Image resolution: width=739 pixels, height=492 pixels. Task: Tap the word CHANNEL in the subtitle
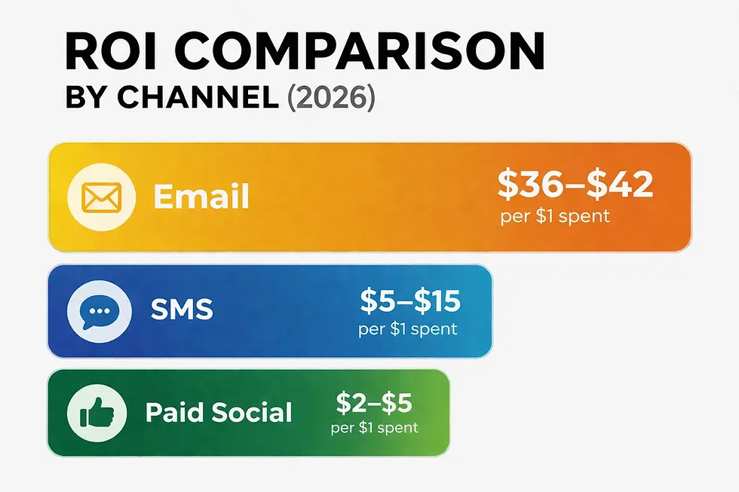[x=198, y=97]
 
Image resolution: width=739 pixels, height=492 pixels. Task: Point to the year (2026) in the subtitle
[x=331, y=98]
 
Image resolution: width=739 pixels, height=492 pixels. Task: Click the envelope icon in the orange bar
[x=101, y=197]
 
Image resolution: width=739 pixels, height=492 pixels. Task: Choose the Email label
[x=201, y=197]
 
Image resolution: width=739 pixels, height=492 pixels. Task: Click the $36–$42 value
[x=575, y=184]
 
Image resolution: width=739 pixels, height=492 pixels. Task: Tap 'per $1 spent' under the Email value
[x=555, y=216]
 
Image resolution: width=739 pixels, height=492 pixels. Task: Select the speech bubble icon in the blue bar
[x=100, y=312]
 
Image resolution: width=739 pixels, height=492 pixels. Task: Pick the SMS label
[x=182, y=310]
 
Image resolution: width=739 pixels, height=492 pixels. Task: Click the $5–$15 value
[x=410, y=301]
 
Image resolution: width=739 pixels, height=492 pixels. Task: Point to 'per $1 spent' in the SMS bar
[x=408, y=329]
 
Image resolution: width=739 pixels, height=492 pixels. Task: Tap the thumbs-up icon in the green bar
[x=97, y=413]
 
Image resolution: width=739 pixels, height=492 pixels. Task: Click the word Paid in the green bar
[x=175, y=412]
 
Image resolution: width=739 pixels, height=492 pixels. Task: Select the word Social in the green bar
[x=252, y=412]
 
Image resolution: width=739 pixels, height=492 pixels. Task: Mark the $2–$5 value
[x=374, y=403]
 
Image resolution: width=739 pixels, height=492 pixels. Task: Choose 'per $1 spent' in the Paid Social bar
[x=374, y=428]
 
